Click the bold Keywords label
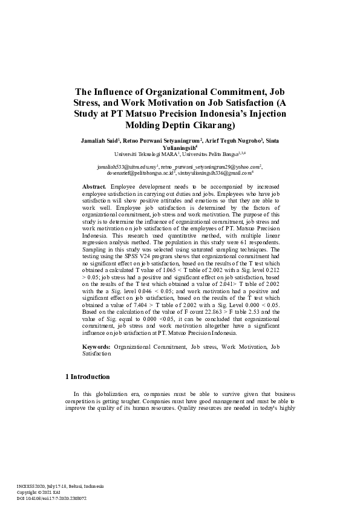(x=97, y=346)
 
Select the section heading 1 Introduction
(x=87, y=377)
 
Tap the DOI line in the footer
(x=51, y=498)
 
